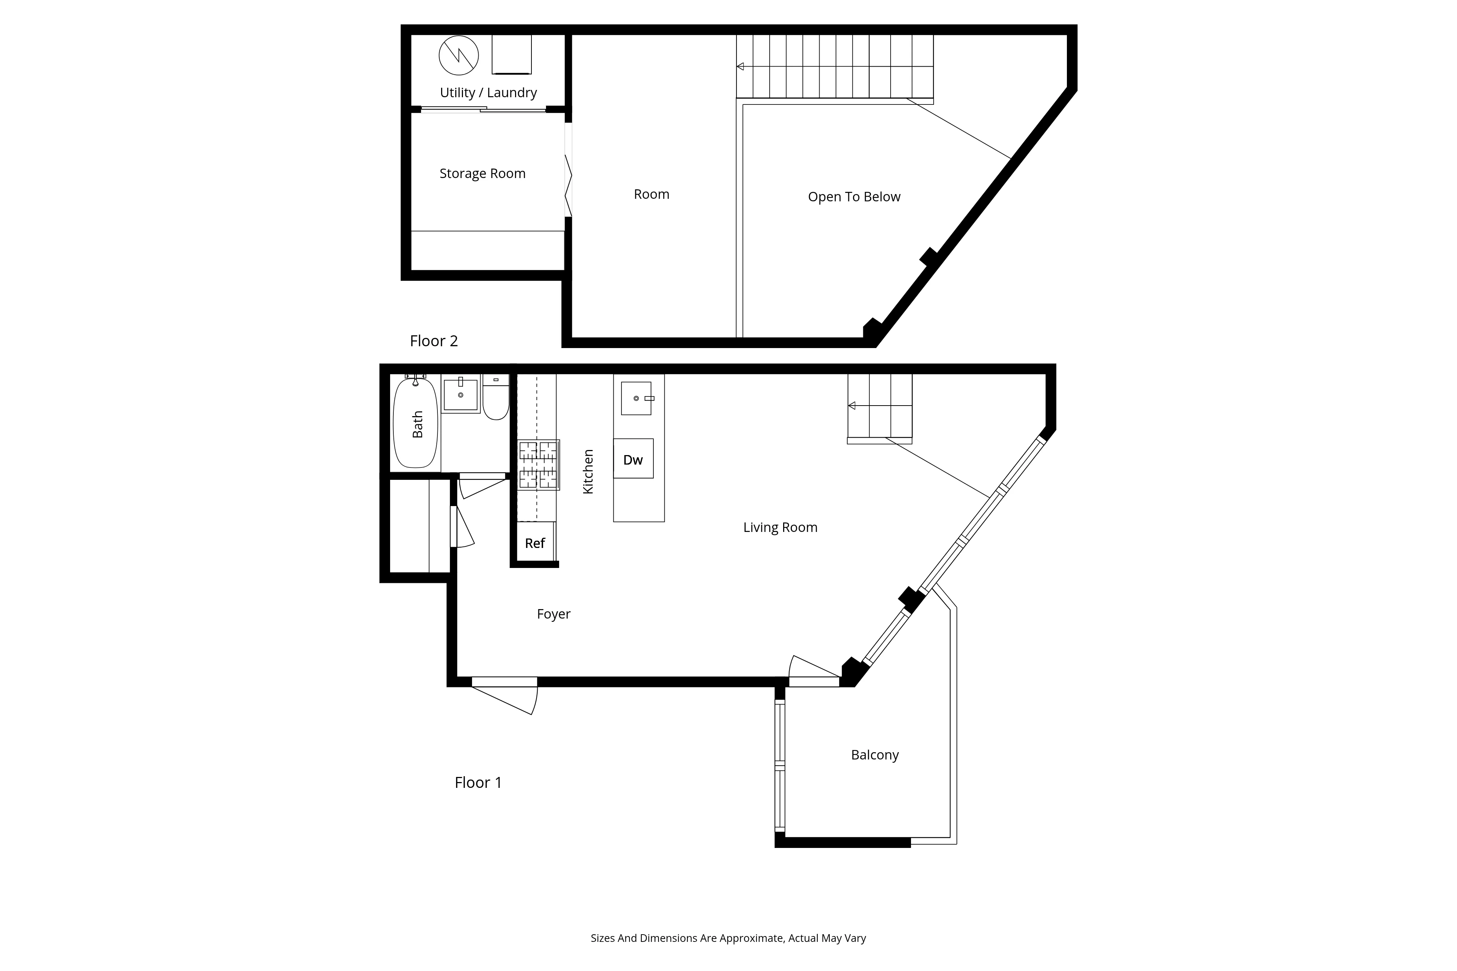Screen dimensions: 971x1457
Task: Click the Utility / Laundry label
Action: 488,93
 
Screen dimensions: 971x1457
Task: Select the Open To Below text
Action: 854,197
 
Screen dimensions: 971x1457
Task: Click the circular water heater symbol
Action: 459,55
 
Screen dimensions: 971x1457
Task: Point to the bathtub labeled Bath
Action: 416,424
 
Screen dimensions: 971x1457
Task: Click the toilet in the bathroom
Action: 496,400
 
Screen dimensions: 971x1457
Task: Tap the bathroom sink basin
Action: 460,394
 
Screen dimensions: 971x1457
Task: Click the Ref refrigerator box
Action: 535,543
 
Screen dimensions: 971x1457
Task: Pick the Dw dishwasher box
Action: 633,459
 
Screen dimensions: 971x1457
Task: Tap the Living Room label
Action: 780,528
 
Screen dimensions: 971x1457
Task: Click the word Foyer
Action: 553,614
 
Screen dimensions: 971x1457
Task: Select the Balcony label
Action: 874,755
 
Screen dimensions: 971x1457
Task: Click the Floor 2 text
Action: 433,341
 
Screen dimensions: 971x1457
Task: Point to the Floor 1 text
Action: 478,783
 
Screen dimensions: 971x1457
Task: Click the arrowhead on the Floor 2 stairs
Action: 740,66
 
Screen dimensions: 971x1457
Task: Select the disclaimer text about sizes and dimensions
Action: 728,938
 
